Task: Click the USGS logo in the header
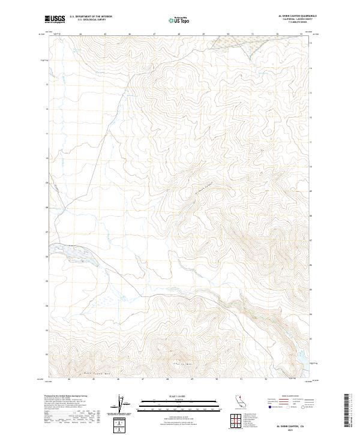(x=55, y=19)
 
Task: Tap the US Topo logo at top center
(x=178, y=20)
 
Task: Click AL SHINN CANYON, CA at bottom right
(x=289, y=424)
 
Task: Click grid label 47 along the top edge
(x=154, y=34)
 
